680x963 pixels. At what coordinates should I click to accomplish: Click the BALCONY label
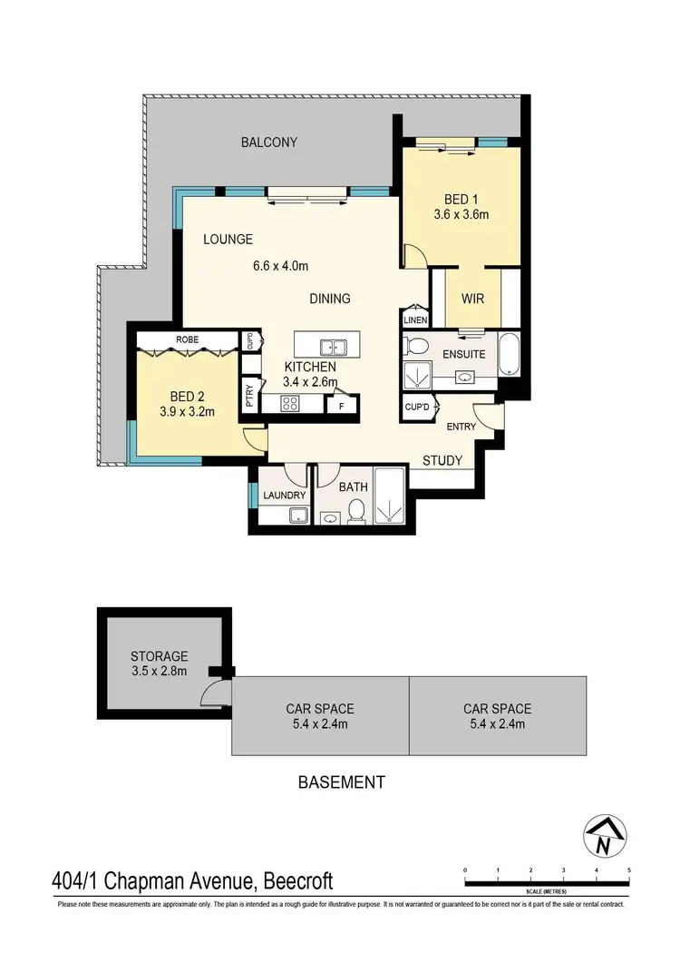coord(268,142)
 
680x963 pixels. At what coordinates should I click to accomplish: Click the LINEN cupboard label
coord(415,320)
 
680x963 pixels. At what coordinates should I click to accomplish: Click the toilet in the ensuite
coord(418,346)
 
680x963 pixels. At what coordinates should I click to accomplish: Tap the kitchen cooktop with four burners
coord(290,406)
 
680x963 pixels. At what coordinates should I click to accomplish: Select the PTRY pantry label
coord(249,397)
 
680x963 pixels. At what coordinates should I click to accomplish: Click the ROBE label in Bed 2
coord(189,339)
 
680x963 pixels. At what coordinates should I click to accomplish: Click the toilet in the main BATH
coord(357,512)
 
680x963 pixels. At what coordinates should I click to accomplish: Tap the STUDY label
coord(443,460)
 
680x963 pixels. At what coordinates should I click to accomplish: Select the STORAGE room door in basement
coord(213,695)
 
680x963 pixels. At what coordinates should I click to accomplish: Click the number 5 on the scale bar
coord(629,870)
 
